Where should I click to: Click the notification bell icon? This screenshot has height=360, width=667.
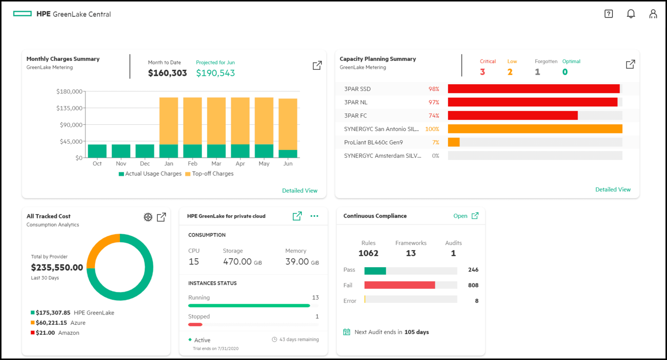(631, 14)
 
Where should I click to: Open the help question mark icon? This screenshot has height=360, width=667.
(608, 14)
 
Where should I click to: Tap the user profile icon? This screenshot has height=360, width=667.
(653, 14)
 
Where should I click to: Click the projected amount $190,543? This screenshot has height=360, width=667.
(215, 73)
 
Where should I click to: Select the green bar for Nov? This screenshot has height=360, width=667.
(121, 151)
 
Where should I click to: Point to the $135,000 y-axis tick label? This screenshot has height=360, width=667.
(69, 108)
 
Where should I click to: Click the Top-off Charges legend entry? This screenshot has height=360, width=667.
(209, 174)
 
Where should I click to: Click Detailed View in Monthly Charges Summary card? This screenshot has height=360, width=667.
(300, 191)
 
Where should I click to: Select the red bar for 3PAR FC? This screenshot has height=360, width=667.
(512, 116)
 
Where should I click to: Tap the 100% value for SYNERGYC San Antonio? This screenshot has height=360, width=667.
(432, 129)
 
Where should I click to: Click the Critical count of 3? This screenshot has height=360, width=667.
(482, 72)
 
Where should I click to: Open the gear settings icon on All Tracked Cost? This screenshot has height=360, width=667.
(148, 217)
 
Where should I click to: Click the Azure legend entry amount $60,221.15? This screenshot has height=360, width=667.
(51, 323)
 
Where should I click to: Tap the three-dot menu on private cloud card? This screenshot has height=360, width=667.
(314, 216)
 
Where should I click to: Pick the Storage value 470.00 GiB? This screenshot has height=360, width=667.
(242, 262)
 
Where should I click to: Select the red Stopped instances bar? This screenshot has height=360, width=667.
(195, 324)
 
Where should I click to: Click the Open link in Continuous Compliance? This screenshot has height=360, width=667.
(460, 216)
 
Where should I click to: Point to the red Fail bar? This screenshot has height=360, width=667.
(399, 285)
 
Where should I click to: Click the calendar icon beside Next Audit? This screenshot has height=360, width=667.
(347, 332)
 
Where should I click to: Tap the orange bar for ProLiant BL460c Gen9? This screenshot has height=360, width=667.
(453, 142)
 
